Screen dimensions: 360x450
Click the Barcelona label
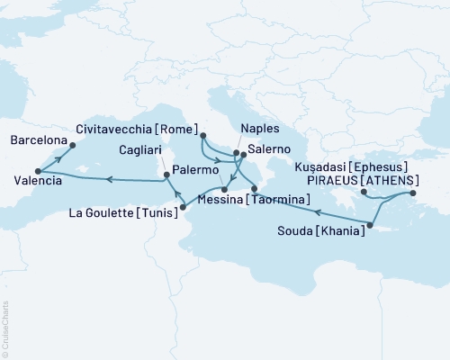coord(38,141)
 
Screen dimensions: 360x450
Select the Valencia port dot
coord(37,171)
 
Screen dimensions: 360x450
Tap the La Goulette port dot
coord(183,208)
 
